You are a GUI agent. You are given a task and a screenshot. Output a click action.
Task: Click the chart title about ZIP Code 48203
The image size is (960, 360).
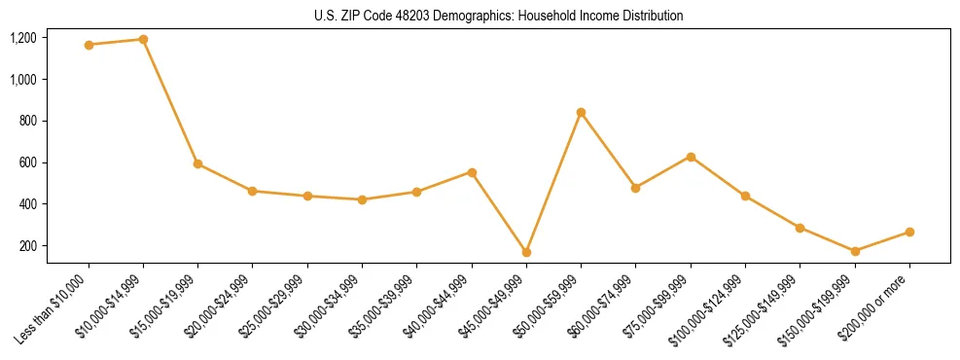pyautogui.click(x=499, y=17)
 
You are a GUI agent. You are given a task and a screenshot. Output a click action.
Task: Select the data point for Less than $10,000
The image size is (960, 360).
pyautogui.click(x=89, y=45)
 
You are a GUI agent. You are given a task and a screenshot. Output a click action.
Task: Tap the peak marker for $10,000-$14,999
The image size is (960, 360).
pyautogui.click(x=143, y=40)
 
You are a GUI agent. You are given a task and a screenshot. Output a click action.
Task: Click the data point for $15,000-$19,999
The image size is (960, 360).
pyautogui.click(x=198, y=163)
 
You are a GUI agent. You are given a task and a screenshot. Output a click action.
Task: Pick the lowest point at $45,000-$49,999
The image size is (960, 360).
pyautogui.click(x=526, y=252)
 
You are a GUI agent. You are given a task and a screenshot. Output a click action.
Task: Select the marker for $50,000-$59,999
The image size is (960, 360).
pyautogui.click(x=581, y=113)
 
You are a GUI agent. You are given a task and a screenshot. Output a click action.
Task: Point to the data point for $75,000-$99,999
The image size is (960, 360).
pyautogui.click(x=691, y=157)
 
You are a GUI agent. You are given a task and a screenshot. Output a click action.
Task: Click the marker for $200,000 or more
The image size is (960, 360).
pyautogui.click(x=909, y=232)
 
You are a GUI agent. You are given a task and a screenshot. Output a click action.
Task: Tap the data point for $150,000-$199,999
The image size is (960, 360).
pyautogui.click(x=855, y=251)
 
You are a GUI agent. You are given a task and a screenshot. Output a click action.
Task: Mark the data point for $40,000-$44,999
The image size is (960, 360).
pyautogui.click(x=472, y=172)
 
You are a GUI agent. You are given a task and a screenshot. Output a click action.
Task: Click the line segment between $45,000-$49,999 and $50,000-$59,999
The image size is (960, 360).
pyautogui.click(x=553, y=183)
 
